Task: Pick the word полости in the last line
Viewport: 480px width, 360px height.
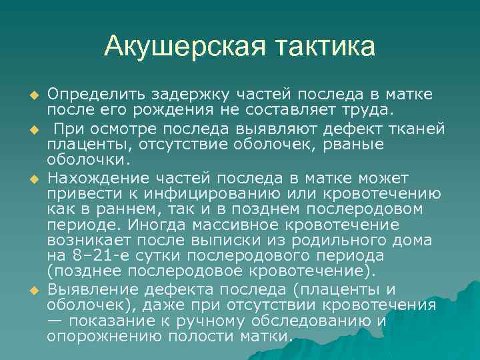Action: pos(205,336)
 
